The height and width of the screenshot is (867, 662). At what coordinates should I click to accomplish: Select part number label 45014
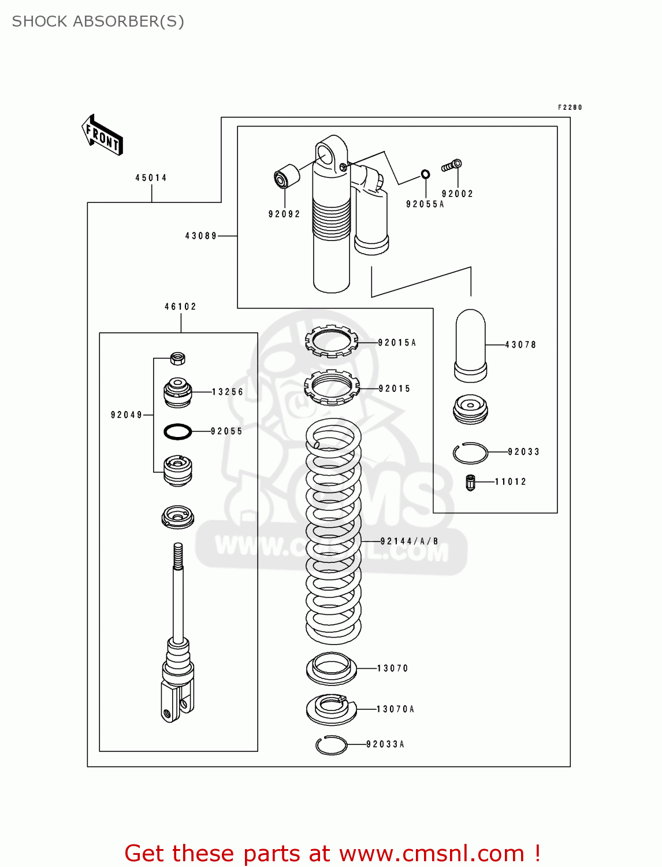(x=151, y=178)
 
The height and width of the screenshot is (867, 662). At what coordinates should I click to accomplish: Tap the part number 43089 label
(x=201, y=236)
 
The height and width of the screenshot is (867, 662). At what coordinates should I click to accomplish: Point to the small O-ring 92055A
(x=425, y=174)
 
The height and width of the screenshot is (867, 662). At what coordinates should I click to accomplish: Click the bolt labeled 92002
(x=452, y=166)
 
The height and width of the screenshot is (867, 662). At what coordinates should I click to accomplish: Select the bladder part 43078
(x=470, y=346)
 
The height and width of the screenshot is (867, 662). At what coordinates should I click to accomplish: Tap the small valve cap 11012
(x=470, y=482)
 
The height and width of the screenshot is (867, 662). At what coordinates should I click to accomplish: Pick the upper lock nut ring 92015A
(x=332, y=342)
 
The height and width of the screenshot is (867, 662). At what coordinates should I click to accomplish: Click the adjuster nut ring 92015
(x=332, y=388)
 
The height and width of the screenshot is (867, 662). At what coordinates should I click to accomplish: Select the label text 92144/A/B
(x=409, y=542)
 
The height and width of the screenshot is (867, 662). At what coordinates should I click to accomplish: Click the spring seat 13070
(x=331, y=669)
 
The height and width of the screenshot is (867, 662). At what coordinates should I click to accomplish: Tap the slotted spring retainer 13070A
(x=332, y=709)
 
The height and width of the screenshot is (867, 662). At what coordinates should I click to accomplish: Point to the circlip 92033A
(x=332, y=745)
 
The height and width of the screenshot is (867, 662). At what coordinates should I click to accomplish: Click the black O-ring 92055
(x=178, y=431)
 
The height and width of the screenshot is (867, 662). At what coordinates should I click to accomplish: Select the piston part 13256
(x=177, y=392)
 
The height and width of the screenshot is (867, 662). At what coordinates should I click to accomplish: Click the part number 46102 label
(x=180, y=307)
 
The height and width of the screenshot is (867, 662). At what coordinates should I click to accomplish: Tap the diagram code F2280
(x=570, y=108)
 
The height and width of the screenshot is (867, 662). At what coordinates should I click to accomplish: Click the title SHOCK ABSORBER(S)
(x=98, y=21)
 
